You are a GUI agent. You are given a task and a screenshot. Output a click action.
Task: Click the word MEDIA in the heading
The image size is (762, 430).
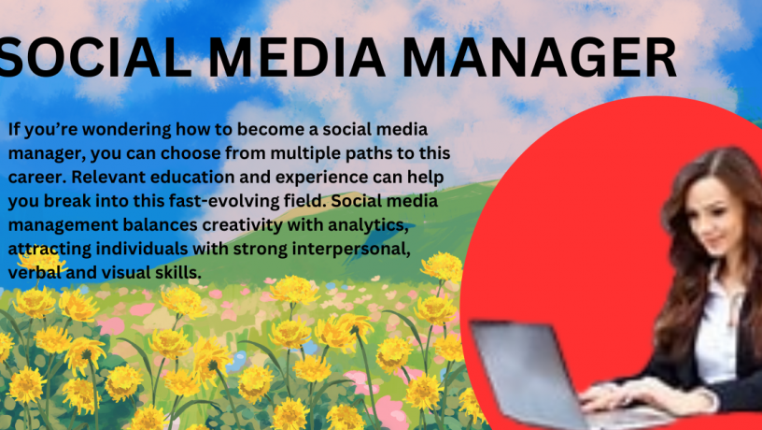click(x=296, y=57)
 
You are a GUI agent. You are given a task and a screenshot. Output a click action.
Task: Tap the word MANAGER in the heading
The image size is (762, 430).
click(x=539, y=57)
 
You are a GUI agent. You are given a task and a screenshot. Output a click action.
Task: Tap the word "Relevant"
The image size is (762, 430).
click(x=109, y=177)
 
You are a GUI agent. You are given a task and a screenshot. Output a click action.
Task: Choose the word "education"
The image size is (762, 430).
click(x=192, y=177)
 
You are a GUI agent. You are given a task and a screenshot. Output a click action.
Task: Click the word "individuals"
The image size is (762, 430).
click(x=142, y=249)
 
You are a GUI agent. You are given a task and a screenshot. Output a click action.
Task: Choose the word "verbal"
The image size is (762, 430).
click(x=35, y=272)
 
